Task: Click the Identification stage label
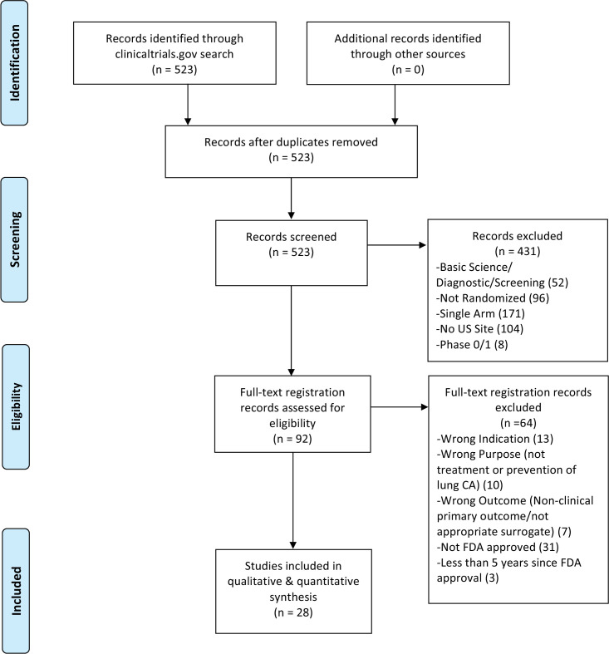click(15, 62)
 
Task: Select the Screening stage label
click(15, 239)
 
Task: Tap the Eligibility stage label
click(16, 406)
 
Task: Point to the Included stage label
click(16, 591)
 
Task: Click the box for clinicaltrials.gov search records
click(174, 53)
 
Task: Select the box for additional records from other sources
click(408, 53)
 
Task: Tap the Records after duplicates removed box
click(291, 151)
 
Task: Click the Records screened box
click(291, 253)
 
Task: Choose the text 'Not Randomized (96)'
click(493, 297)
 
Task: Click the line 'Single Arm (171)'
click(480, 313)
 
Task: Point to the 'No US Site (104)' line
click(479, 329)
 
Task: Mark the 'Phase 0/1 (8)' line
click(472, 345)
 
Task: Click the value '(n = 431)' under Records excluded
click(518, 251)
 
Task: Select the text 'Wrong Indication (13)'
click(495, 439)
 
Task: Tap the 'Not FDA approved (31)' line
click(498, 547)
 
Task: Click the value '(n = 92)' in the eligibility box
click(292, 439)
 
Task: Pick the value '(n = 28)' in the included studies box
click(293, 612)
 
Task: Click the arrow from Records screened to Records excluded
click(396, 245)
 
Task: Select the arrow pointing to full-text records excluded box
click(400, 406)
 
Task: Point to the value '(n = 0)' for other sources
click(408, 69)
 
